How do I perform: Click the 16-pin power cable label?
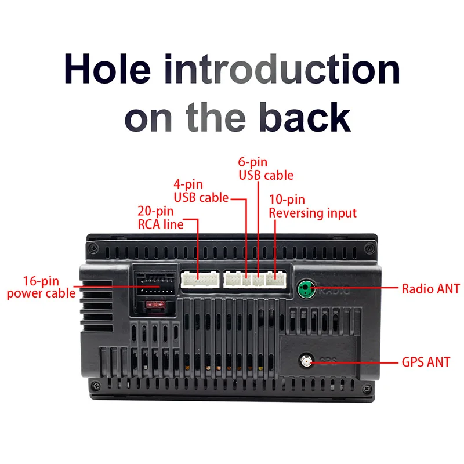pyautogui.click(x=41, y=287)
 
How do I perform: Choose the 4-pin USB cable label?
pyautogui.click(x=197, y=191)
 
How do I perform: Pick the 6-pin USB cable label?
pyautogui.click(x=266, y=169)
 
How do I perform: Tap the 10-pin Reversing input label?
pyautogui.click(x=313, y=206)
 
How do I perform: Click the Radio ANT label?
pyautogui.click(x=430, y=288)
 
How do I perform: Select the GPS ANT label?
pyautogui.click(x=426, y=362)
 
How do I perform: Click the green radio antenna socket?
pyautogui.click(x=304, y=287)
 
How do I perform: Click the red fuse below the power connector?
pyautogui.click(x=155, y=304)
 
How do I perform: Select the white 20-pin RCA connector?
pyautogui.click(x=199, y=280)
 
